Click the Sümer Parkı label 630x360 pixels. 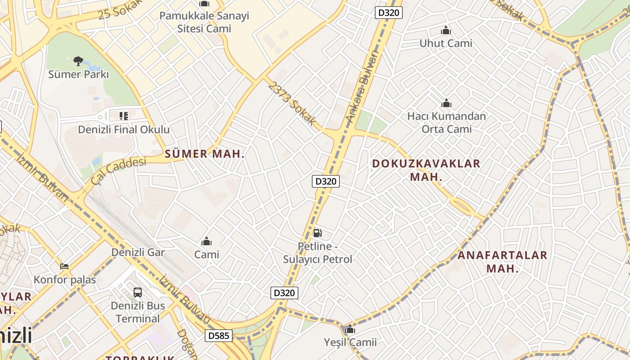click(79, 74)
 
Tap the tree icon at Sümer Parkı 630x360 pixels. click(78, 61)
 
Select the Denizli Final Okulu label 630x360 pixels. click(124, 130)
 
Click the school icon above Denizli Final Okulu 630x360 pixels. click(124, 116)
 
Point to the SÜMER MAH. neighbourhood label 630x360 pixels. click(205, 154)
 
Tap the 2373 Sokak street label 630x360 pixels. click(292, 103)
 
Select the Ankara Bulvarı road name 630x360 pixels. click(363, 85)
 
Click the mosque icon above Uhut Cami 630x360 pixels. click(446, 31)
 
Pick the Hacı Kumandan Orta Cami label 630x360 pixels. click(446, 122)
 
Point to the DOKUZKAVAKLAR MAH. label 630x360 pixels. click(426, 170)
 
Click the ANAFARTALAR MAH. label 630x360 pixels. click(502, 262)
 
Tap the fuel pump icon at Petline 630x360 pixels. click(318, 233)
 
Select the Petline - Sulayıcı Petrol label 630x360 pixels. click(318, 253)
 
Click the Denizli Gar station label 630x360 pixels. click(138, 252)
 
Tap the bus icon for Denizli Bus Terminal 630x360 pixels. click(138, 292)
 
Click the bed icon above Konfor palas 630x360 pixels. click(64, 266)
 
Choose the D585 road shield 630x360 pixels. click(219, 335)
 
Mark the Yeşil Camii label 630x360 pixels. click(350, 342)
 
